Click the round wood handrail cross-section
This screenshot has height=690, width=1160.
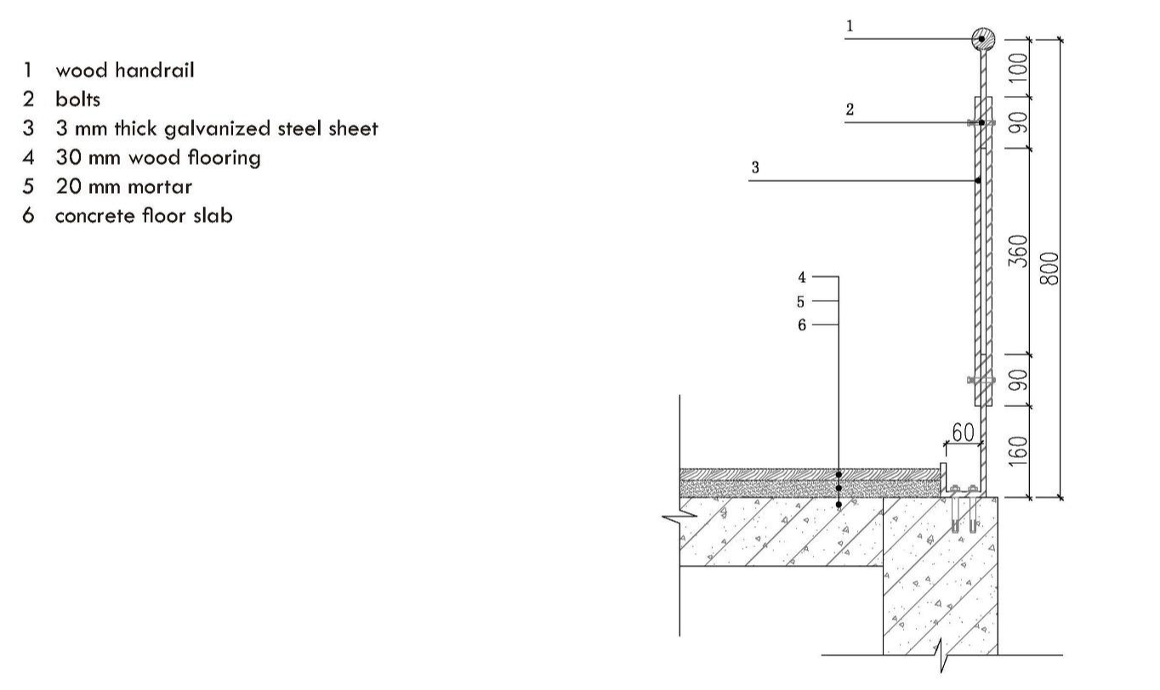(x=982, y=38)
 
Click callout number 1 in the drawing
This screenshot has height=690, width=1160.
(x=849, y=26)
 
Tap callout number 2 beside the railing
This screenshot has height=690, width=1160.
(x=849, y=110)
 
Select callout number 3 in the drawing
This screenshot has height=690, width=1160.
(x=755, y=167)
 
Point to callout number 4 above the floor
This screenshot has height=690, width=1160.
(x=802, y=277)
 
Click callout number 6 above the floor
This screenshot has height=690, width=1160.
(x=802, y=325)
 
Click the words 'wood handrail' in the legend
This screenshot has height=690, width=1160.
(x=124, y=71)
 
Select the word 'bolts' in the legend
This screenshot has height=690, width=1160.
(x=77, y=99)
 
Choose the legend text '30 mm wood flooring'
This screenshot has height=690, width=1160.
(x=157, y=158)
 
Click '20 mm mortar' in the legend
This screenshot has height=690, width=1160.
(x=123, y=187)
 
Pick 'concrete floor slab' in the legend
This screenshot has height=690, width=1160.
(x=143, y=216)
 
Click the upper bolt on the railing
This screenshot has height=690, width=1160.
(x=981, y=123)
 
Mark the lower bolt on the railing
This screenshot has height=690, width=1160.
(x=981, y=379)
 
